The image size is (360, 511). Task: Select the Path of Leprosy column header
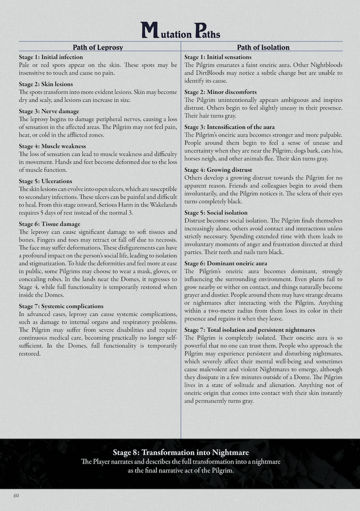98,47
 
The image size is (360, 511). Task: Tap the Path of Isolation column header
263,47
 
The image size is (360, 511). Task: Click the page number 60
16,496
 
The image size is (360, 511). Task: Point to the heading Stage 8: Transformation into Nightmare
181,452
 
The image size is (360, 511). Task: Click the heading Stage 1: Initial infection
51,57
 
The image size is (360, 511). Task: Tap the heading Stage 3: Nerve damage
49,111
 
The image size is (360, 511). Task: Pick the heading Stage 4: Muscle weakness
52,146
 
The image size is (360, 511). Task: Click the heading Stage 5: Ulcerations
45,181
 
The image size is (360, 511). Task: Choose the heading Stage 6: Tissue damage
50,224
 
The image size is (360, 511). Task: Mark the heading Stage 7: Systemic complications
61,306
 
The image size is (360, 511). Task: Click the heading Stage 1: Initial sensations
218,57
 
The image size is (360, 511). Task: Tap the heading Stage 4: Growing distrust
217,169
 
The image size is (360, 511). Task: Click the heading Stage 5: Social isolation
216,212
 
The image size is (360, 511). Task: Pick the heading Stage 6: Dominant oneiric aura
226,263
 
